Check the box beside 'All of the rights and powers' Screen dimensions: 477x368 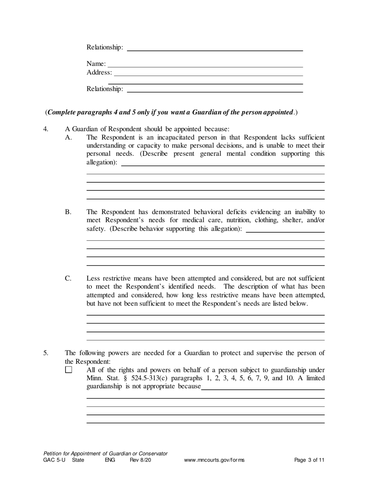[x=69, y=370]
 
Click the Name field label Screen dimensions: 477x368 [x=96, y=64]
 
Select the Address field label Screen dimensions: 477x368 [x=99, y=73]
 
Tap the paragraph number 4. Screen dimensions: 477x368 [x=46, y=129]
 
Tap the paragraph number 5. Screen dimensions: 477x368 [x=46, y=353]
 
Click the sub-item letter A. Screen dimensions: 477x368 [x=68, y=137]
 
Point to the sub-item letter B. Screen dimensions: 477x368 [x=68, y=212]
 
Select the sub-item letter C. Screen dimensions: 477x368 [x=68, y=278]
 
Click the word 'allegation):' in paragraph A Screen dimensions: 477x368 [x=101, y=162]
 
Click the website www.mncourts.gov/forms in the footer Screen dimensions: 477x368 [x=214, y=460]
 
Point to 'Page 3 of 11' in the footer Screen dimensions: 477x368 [x=309, y=460]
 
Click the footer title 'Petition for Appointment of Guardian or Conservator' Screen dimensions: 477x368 [x=105, y=453]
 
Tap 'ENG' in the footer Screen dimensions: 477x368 [x=110, y=460]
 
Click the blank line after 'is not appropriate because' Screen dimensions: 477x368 [x=263, y=387]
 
